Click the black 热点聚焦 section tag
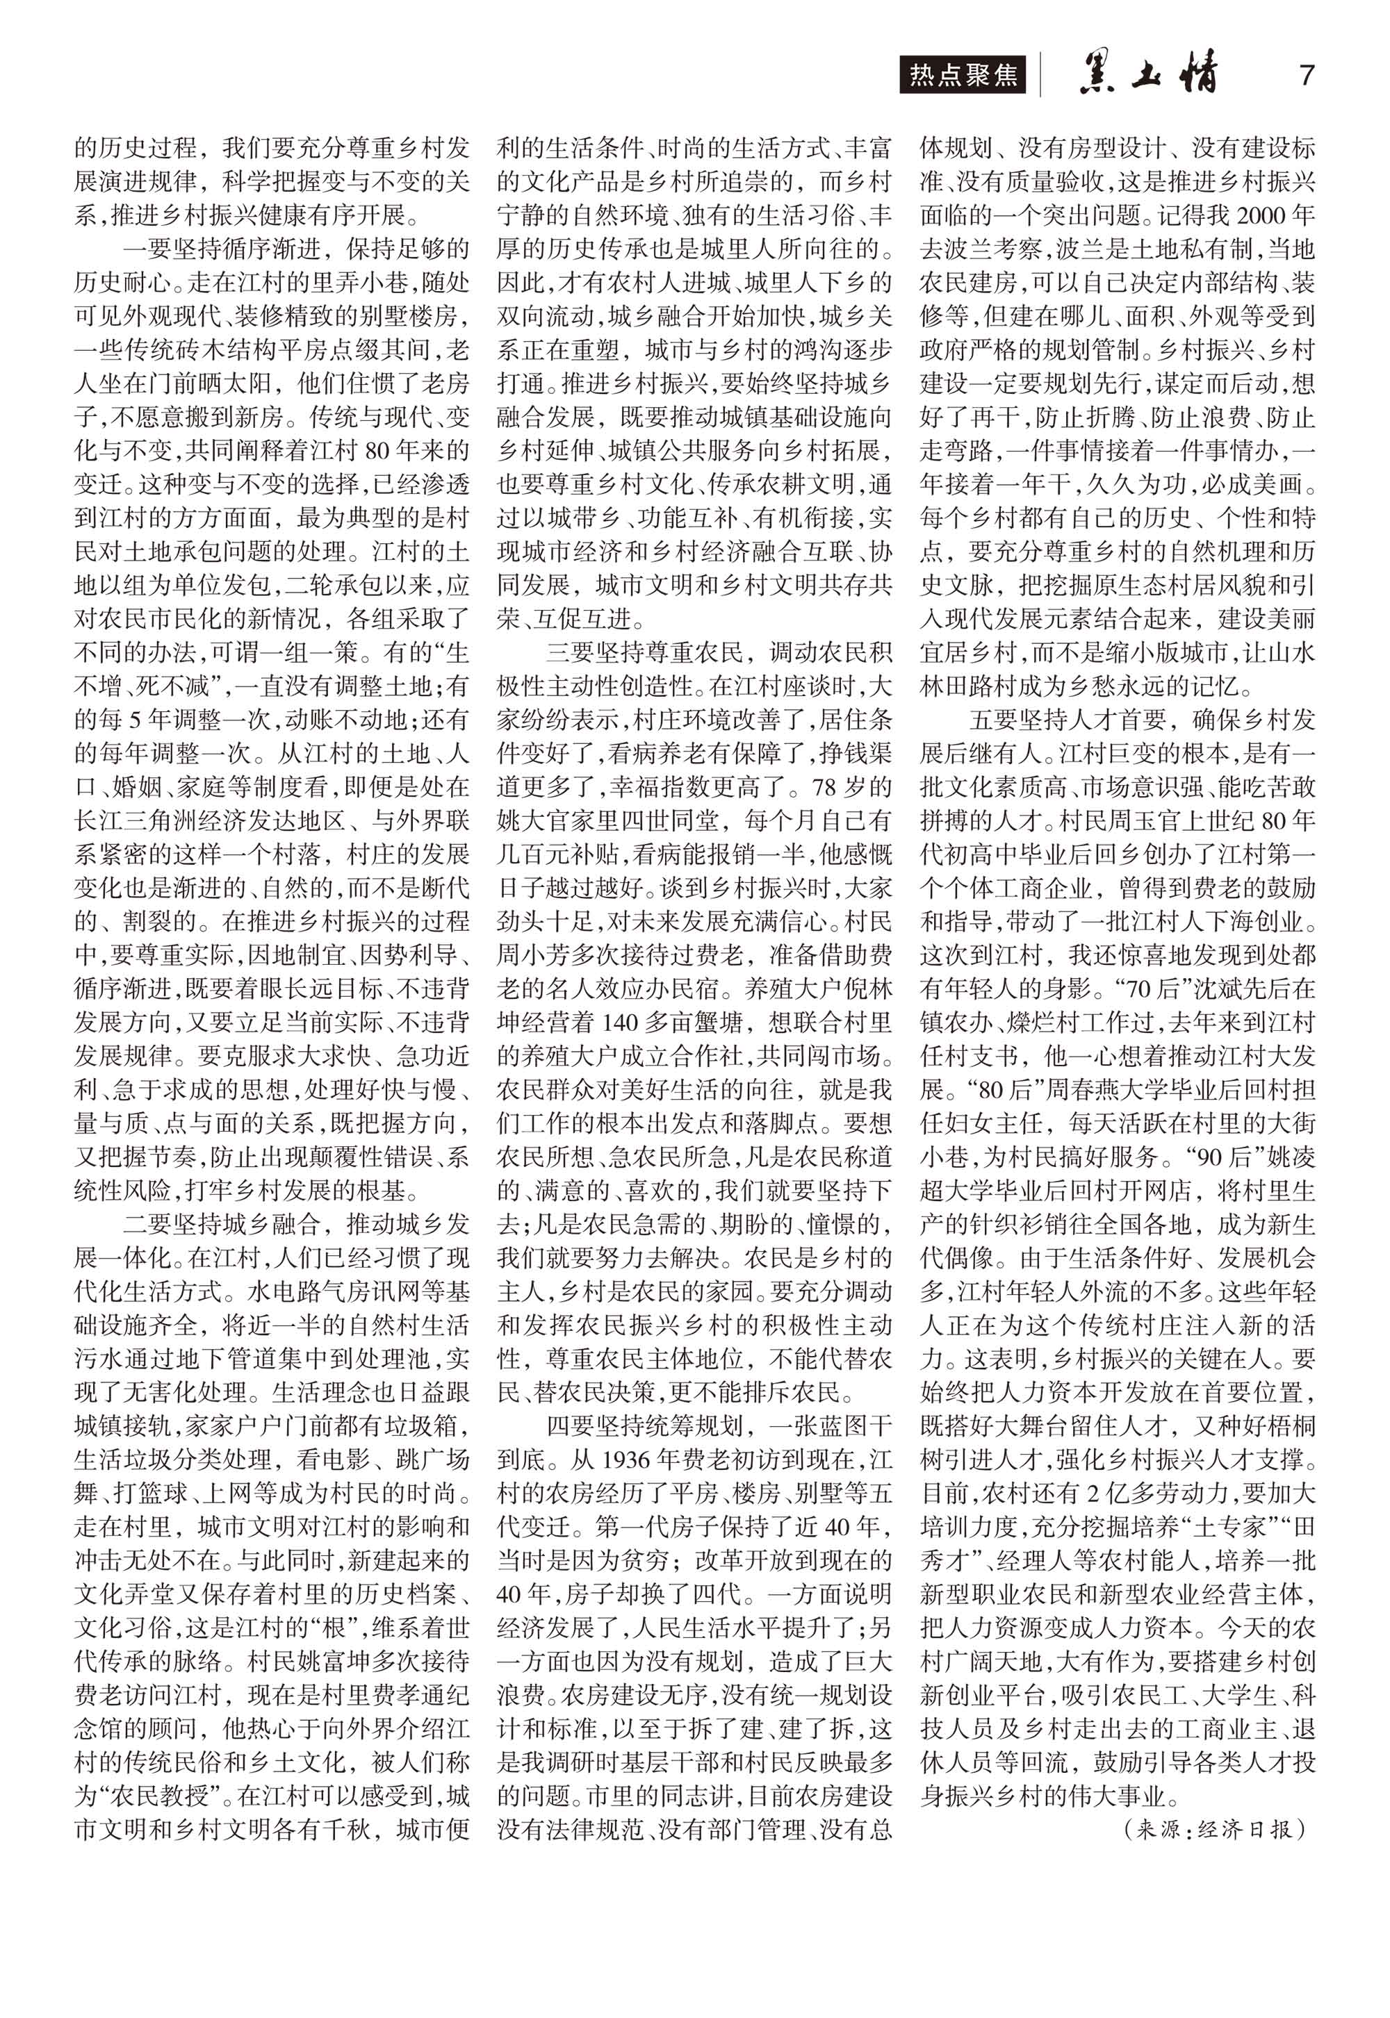[963, 75]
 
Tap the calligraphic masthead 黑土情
[1149, 76]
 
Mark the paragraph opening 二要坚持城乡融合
[223, 1224]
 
